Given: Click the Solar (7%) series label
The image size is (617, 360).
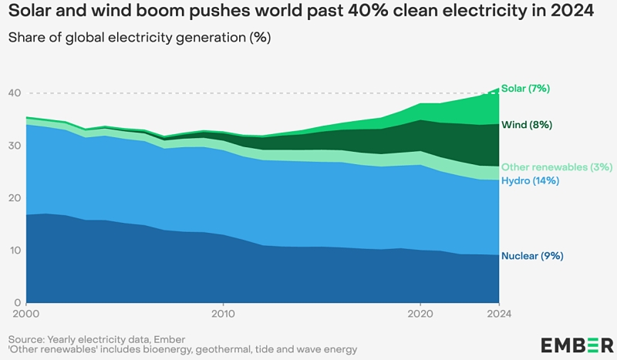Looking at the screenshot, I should point(525,89).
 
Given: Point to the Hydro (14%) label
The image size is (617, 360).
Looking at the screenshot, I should point(530,181).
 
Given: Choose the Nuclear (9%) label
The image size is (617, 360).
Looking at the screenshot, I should point(532,256).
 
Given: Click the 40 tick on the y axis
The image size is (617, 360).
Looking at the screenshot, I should point(14,93).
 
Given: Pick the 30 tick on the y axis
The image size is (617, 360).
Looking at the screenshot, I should point(14,146).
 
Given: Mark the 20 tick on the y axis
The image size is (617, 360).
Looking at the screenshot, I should point(14,198).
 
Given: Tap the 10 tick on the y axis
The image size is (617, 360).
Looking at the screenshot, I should point(14,251).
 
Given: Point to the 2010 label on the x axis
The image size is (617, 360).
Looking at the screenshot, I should point(224,314).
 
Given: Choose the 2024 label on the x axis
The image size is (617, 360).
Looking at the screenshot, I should point(498,314).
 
